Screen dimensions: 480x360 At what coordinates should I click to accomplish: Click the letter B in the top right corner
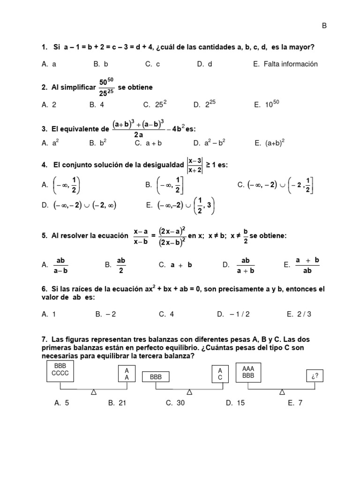click(x=324, y=26)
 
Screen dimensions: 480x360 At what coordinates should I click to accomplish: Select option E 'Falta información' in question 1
click(x=285, y=64)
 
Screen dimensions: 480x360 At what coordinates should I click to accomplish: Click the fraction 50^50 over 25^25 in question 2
click(x=106, y=88)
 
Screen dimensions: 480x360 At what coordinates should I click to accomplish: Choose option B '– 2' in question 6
click(x=105, y=315)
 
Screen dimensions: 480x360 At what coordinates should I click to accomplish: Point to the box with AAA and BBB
click(x=247, y=372)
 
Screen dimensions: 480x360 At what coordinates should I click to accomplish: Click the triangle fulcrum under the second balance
click(x=189, y=391)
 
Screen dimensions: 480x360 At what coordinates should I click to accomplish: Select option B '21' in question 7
click(x=117, y=403)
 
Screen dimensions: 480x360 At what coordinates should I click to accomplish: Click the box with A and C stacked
click(x=220, y=374)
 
